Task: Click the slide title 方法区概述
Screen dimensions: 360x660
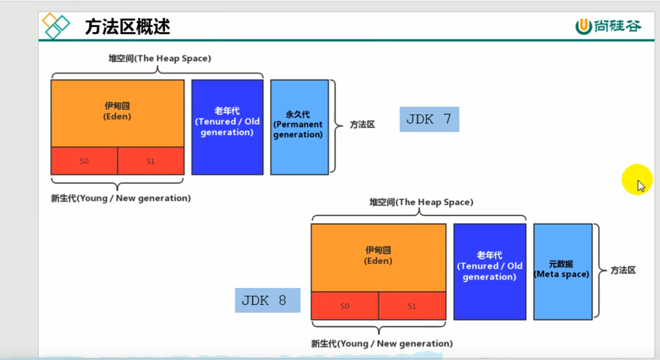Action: [x=127, y=27]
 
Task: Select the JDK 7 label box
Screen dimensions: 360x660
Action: [x=429, y=119]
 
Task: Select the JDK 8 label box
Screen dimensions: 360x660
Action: [x=268, y=301]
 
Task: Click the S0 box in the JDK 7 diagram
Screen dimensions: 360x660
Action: [x=84, y=161]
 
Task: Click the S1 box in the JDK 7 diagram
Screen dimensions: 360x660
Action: [x=150, y=161]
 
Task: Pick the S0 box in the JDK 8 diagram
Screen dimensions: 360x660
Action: [x=345, y=306]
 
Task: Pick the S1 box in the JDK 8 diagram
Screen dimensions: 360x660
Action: [x=412, y=306]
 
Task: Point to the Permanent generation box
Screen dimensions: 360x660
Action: [x=299, y=127]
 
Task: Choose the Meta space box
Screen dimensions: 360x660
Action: [x=563, y=271]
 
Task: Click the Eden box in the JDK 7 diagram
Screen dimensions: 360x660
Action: [x=117, y=113]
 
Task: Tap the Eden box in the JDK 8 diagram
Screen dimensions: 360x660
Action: [x=378, y=257]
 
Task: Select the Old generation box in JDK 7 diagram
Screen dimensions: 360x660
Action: [x=227, y=127]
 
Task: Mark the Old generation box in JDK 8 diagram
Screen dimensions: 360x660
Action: [x=489, y=271]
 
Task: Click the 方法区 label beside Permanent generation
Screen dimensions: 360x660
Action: [x=362, y=125]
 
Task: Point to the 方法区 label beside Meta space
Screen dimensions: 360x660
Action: [x=623, y=271]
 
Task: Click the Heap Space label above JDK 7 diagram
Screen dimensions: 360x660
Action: [x=160, y=59]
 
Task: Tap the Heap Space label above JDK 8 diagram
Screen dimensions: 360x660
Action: [x=421, y=202]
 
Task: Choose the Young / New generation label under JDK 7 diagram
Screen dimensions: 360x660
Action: [x=121, y=199]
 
